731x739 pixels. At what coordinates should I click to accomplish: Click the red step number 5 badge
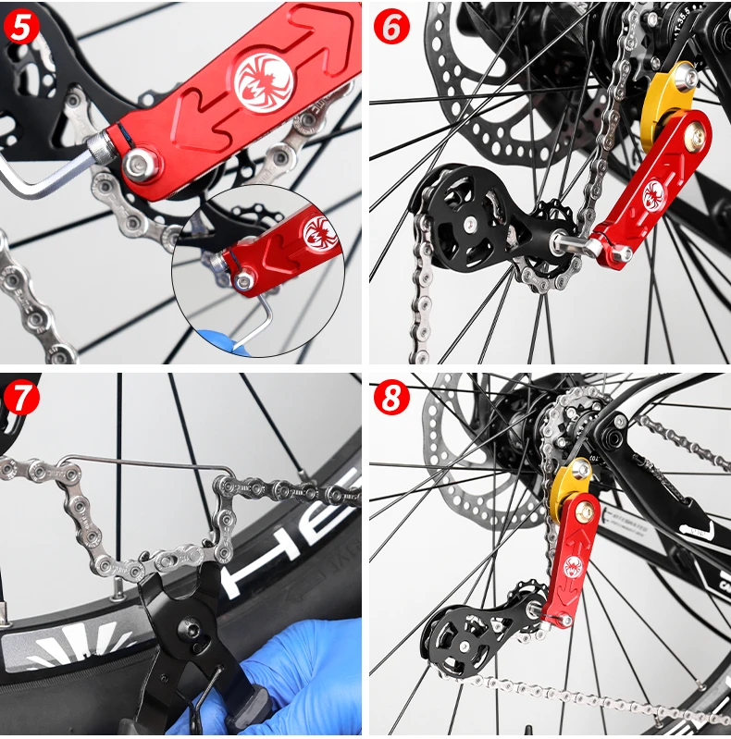point(21,25)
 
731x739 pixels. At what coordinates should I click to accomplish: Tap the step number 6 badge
point(391,27)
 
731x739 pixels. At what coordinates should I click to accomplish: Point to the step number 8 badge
point(391,399)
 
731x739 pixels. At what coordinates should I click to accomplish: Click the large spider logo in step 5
point(263,80)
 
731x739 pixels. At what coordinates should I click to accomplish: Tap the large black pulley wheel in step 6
point(455,222)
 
